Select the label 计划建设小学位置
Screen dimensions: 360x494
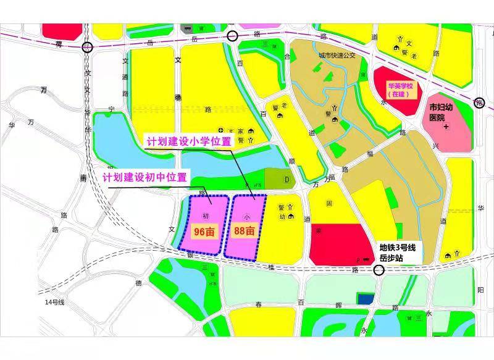(x=188, y=141)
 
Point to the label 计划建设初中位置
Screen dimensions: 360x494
(x=144, y=177)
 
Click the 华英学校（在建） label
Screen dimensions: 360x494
(x=400, y=90)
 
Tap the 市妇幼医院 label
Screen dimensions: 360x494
(x=446, y=111)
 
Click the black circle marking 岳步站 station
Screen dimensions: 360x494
(x=379, y=270)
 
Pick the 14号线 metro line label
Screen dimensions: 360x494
(x=54, y=302)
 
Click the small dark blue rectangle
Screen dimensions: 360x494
(x=366, y=299)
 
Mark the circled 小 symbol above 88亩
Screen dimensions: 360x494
(x=246, y=217)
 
